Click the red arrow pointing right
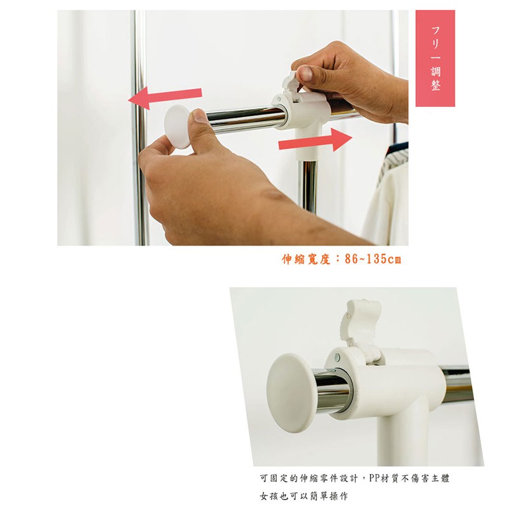click(x=316, y=139)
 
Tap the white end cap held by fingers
click(x=178, y=127)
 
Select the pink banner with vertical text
click(x=435, y=58)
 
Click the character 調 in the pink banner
click(x=436, y=71)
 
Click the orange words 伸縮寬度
click(x=306, y=259)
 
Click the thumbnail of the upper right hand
click(x=305, y=73)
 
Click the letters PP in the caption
click(x=376, y=478)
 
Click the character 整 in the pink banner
click(x=436, y=85)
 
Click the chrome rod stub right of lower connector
click(x=457, y=385)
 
